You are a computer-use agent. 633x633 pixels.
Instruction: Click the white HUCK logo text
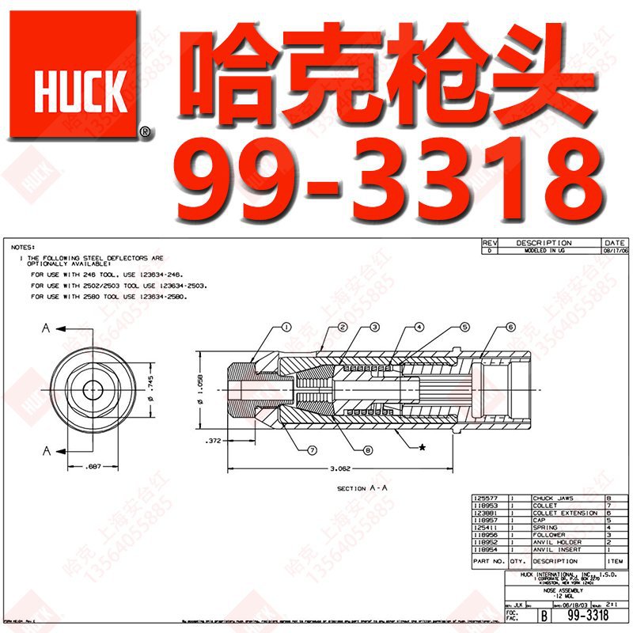point(80,93)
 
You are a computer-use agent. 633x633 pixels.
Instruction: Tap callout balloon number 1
point(286,327)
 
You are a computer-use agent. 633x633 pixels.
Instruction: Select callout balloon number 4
point(419,327)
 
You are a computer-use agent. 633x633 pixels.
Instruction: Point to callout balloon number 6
point(510,327)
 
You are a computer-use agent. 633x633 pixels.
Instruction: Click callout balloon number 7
point(313,450)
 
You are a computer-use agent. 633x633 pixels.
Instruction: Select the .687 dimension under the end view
point(94,468)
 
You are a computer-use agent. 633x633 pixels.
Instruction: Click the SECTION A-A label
point(362,488)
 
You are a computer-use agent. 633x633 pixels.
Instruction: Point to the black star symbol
point(422,448)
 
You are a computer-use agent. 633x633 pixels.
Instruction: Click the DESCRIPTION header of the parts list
point(555,561)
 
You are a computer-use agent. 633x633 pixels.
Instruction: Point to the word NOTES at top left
point(24,248)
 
